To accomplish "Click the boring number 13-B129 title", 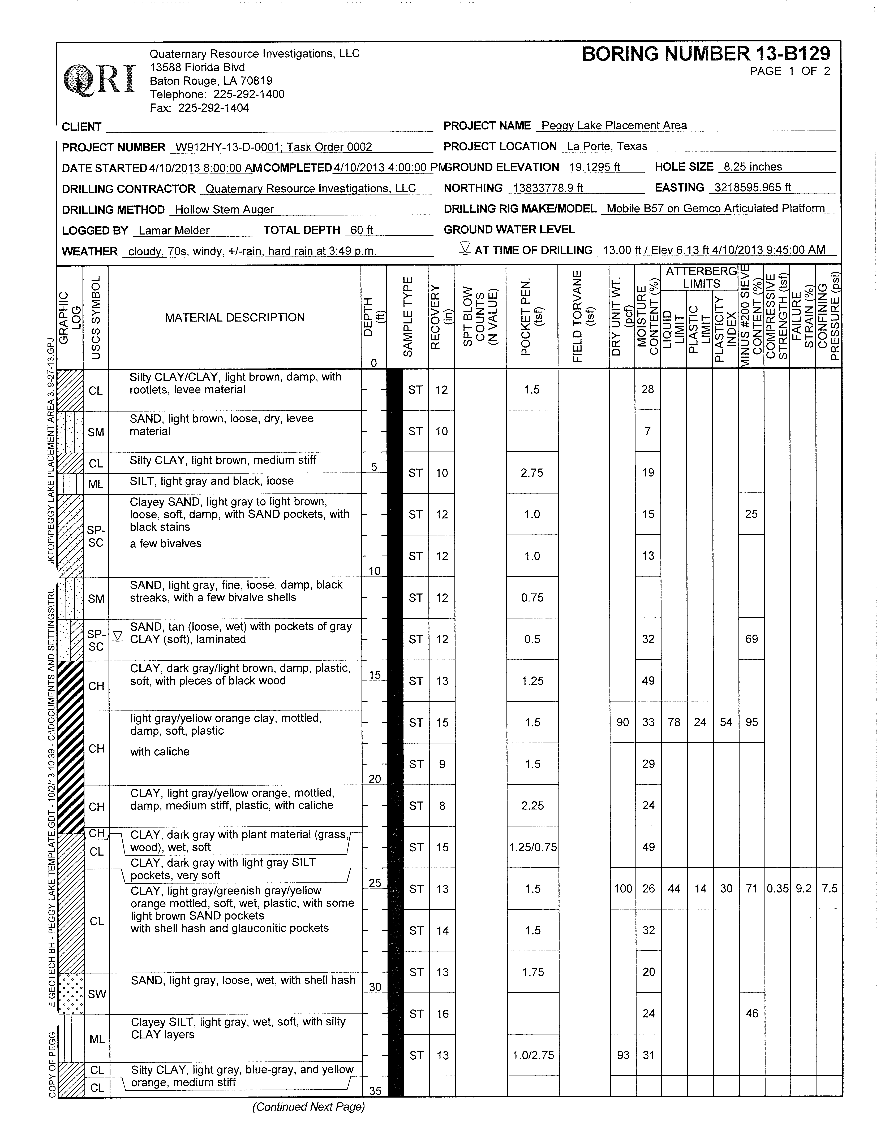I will point(706,54).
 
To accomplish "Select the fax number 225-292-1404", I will point(214,108).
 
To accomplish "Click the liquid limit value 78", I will point(674,722).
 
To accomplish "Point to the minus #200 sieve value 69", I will point(751,639).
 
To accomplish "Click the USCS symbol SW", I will point(97,994).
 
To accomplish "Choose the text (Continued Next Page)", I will point(308,1107).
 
